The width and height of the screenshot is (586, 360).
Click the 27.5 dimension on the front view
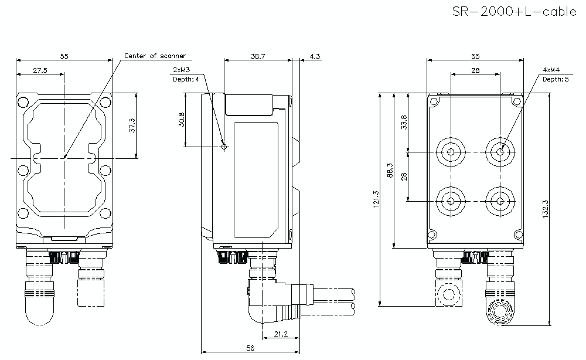click(40, 70)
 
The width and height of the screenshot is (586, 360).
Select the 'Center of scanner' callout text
click(155, 56)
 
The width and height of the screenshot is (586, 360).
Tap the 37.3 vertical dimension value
click(132, 125)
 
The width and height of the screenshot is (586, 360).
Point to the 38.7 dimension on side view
click(258, 56)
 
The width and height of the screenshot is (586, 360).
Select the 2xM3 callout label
click(180, 69)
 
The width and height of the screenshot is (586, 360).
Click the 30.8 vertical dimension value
click(181, 120)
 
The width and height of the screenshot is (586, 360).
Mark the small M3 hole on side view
click(223, 147)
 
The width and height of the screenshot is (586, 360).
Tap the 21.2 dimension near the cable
click(281, 334)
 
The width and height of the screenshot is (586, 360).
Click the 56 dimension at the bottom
click(250, 348)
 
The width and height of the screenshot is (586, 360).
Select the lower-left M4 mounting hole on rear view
click(451, 201)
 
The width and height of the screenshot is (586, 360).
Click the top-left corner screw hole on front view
click(23, 103)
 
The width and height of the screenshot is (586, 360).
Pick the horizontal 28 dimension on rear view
click(475, 70)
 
